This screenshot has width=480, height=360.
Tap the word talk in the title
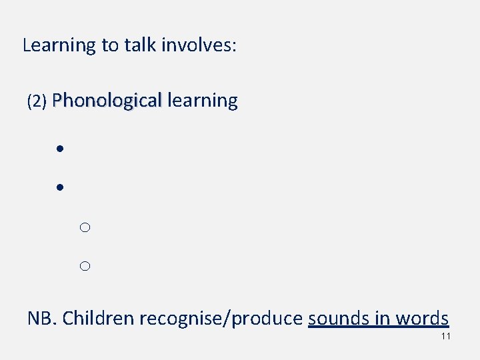[x=137, y=45]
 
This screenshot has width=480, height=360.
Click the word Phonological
[x=107, y=101]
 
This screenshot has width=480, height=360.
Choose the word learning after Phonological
[x=203, y=101]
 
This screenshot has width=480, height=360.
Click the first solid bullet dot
[x=59, y=149]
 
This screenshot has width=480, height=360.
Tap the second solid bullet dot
[x=59, y=188]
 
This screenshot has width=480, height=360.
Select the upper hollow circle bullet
[x=85, y=228]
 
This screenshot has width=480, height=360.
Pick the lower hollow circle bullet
[x=85, y=267]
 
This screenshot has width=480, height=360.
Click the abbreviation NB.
[x=41, y=318]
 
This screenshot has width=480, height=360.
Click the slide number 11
[x=446, y=336]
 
